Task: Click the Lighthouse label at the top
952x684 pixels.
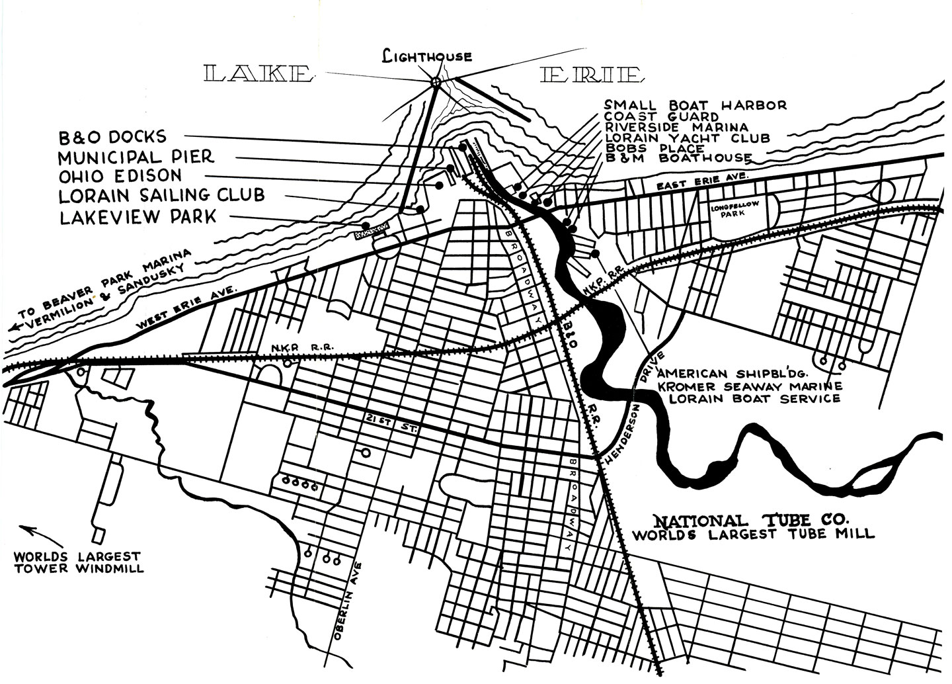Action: tap(428, 57)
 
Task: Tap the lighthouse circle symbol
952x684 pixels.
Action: tap(435, 81)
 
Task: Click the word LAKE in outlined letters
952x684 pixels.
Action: tap(258, 74)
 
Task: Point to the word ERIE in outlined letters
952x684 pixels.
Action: tap(590, 75)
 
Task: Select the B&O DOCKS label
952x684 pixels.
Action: tap(112, 137)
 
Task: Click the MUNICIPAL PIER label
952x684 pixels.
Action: tap(136, 157)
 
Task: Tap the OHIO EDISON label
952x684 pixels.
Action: tap(120, 176)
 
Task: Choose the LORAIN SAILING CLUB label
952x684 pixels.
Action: tap(161, 195)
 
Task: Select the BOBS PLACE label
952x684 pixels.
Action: tap(655, 148)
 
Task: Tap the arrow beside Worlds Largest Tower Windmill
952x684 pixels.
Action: tap(33, 533)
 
